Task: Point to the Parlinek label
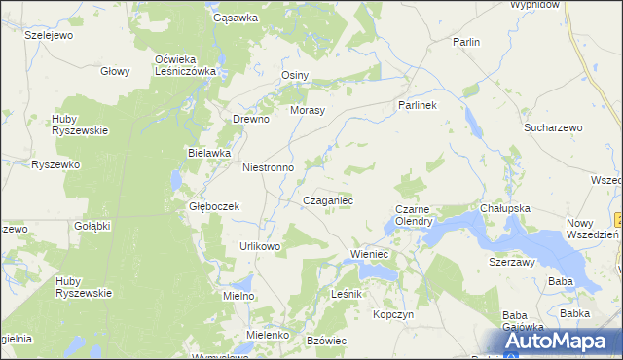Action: tap(418, 104)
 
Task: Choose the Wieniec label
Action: tap(369, 255)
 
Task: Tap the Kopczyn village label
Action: tap(394, 315)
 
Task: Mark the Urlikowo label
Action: tap(260, 246)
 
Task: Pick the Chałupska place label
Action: tap(504, 208)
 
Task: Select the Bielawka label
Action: tap(208, 153)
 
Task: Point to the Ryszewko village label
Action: tap(55, 165)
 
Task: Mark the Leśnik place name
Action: tap(347, 294)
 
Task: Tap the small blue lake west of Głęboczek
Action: tap(175, 182)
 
